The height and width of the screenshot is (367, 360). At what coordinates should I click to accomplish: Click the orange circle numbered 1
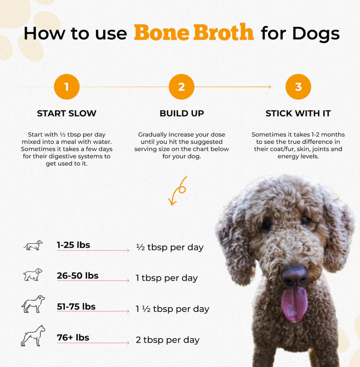click(67, 87)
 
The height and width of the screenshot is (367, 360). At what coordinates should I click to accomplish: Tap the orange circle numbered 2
click(181, 87)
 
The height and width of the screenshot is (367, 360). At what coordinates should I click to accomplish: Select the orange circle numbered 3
click(298, 87)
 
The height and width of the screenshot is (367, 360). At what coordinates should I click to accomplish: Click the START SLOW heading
click(67, 113)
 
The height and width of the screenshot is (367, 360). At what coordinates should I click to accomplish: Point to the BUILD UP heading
click(182, 113)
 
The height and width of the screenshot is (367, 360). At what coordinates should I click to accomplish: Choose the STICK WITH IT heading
click(298, 113)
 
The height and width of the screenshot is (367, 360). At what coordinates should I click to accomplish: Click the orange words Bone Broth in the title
click(194, 32)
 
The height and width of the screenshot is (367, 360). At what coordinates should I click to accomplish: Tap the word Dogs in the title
click(316, 34)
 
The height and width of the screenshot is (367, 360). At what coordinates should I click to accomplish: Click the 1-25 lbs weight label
click(73, 245)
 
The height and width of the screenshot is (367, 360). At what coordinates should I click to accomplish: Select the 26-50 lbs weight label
click(78, 276)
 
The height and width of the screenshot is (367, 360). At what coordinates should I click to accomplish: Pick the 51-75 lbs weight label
click(76, 307)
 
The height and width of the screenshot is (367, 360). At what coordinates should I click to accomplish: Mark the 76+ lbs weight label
click(73, 338)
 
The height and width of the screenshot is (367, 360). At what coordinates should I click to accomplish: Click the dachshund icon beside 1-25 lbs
click(33, 245)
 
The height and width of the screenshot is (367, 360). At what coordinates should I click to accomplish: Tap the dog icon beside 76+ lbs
click(33, 335)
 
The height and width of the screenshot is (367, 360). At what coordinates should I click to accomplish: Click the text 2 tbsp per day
click(167, 340)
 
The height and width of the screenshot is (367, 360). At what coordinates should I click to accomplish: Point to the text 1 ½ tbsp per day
click(172, 309)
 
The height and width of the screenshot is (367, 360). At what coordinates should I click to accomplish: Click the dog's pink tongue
click(294, 304)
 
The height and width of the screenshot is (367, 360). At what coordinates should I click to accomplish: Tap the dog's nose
click(295, 276)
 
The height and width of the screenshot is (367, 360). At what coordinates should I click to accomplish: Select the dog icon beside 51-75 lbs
click(33, 304)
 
